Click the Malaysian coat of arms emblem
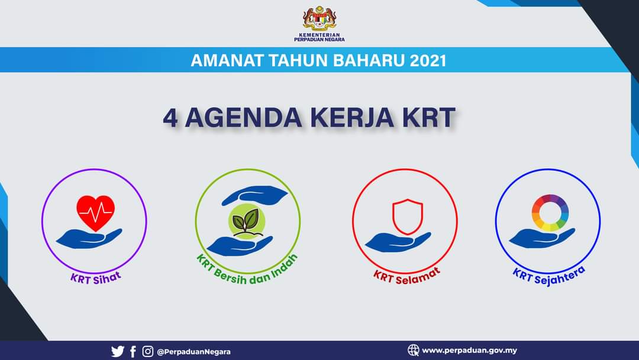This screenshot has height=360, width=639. [319, 18]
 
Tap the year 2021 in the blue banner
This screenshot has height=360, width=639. [428, 61]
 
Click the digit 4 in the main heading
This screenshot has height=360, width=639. [170, 118]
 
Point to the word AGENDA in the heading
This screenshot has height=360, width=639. [243, 118]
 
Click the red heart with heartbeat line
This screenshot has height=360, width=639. [96, 213]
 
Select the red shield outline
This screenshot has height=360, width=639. [408, 217]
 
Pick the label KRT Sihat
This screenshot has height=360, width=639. [96, 278]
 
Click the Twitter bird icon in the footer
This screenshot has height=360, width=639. [118, 352]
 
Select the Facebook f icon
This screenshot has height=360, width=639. [133, 352]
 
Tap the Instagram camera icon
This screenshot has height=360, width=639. [148, 351]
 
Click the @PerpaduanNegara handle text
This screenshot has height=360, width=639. [193, 352]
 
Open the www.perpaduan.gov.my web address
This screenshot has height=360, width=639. [469, 350]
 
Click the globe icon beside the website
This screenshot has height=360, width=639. [413, 350]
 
